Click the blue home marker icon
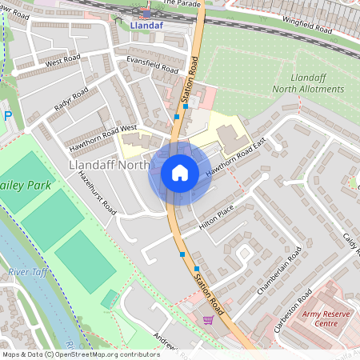180,172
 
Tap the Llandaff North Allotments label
308,82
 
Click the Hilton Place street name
216,216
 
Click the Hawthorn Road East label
235,158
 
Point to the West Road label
65,62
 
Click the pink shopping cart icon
208,320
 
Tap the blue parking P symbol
7,116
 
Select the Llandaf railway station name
145,25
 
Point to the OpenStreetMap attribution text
80,354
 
